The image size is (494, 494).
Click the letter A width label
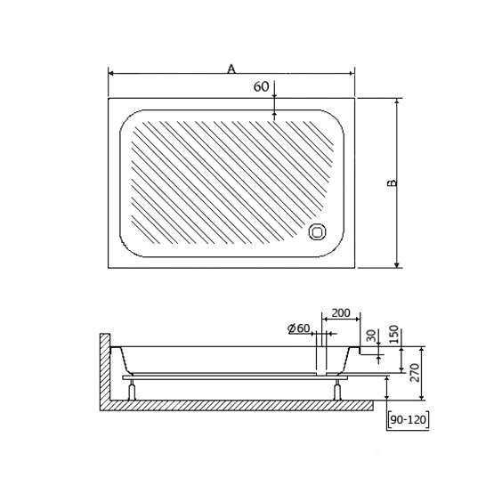(x=231, y=69)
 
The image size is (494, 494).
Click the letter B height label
(x=392, y=183)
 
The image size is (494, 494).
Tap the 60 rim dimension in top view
(x=261, y=86)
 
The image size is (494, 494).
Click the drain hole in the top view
(x=317, y=232)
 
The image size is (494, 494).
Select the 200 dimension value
(x=341, y=312)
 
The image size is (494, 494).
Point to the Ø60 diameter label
(x=299, y=328)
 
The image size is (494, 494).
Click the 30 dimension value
(x=372, y=336)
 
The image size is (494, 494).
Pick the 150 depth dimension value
(x=393, y=335)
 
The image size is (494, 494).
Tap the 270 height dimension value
(x=415, y=373)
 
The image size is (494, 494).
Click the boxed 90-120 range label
(x=408, y=419)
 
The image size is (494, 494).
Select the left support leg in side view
(x=132, y=390)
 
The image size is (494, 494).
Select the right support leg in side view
(x=337, y=390)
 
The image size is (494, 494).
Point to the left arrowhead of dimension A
(x=111, y=73)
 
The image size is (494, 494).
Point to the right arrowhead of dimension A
(x=352, y=73)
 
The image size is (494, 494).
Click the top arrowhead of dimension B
(x=397, y=101)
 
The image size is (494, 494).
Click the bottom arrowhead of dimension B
(x=397, y=265)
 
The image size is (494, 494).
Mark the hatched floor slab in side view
(x=237, y=406)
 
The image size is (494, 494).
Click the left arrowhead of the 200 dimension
(x=324, y=319)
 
